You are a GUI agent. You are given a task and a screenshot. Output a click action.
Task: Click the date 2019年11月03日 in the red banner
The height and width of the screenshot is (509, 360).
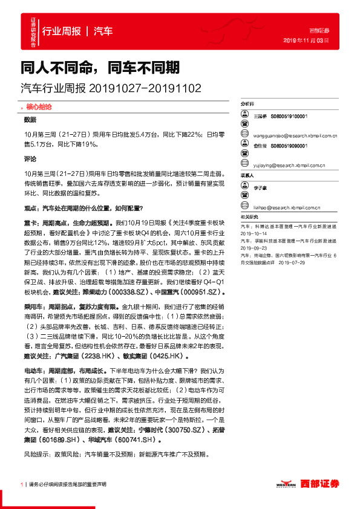pyautogui.click(x=306, y=41)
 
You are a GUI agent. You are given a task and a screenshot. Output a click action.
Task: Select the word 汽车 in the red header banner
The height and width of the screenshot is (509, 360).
pyautogui.click(x=103, y=31)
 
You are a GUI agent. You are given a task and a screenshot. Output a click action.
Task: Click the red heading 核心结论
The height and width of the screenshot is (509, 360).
pyautogui.click(x=39, y=106)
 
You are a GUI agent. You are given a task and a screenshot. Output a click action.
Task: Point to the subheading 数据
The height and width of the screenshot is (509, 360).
pyautogui.click(x=30, y=119)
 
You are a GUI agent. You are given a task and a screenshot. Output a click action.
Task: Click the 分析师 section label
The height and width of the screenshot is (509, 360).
pyautogui.click(x=249, y=104)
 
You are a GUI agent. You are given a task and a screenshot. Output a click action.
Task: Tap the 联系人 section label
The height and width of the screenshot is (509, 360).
pyautogui.click(x=247, y=175)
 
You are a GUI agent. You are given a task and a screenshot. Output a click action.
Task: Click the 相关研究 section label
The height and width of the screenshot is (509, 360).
pyautogui.click(x=249, y=216)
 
